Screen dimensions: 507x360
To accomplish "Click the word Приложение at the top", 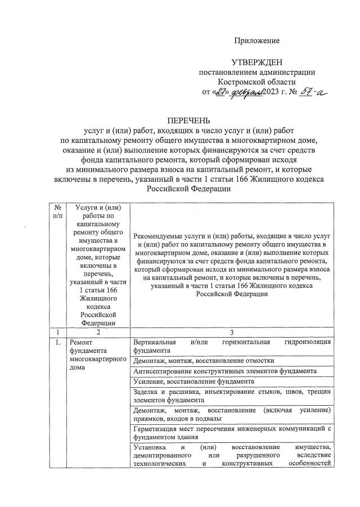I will tap(257, 41).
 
